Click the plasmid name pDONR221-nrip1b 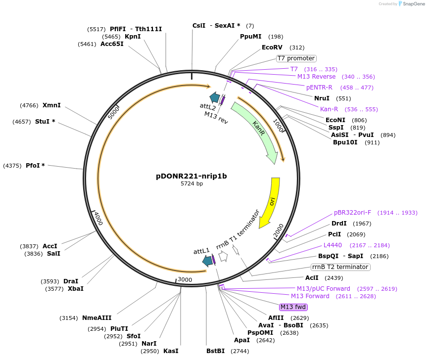[191, 176]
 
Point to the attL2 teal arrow [215, 97]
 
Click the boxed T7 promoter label [296, 58]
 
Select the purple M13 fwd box [293, 307]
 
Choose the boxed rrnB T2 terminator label [340, 267]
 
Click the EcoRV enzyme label [272, 47]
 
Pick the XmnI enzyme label [52, 105]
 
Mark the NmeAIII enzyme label [97, 318]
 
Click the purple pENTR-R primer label [319, 88]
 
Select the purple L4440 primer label [332, 245]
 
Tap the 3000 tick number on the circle [185, 280]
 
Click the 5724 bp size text [191, 183]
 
